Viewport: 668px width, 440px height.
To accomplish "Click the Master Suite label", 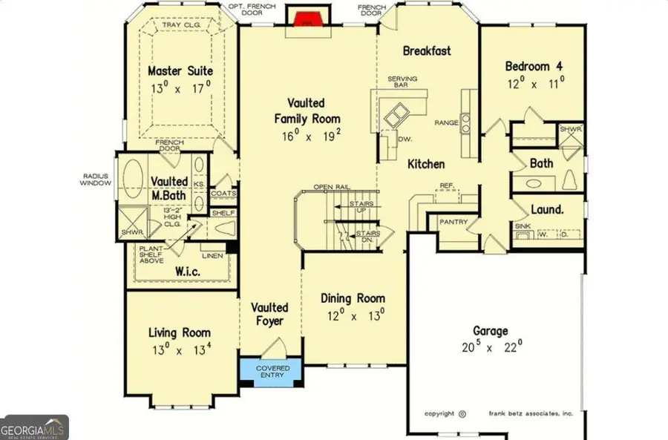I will pyautogui.click(x=180, y=71).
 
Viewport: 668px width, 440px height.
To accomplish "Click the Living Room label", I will pyautogui.click(x=179, y=333).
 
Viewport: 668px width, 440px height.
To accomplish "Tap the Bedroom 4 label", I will pyautogui.click(x=532, y=65).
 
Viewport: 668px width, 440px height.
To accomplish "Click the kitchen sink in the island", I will pyautogui.click(x=396, y=114).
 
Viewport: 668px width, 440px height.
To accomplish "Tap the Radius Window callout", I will pyautogui.click(x=96, y=180).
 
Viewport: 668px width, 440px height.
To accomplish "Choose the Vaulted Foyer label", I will pyautogui.click(x=269, y=315).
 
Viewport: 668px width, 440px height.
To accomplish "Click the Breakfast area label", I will pyautogui.click(x=427, y=51).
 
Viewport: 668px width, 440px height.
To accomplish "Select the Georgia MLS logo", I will pyautogui.click(x=34, y=428).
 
